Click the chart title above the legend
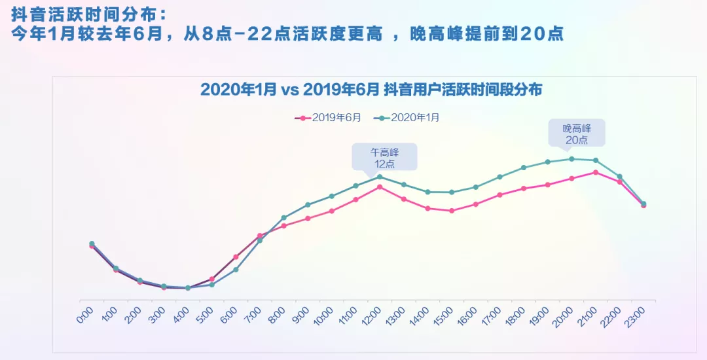click(371, 90)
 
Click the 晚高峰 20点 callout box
click(576, 133)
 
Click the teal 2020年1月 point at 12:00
click(380, 177)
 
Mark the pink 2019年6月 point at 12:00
click(380, 187)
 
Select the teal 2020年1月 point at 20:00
click(571, 158)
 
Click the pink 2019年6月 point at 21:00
click(595, 172)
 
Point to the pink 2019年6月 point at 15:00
click(452, 211)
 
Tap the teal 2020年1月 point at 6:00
click(236, 270)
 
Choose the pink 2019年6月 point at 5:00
click(211, 279)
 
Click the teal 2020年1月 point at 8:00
click(283, 217)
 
